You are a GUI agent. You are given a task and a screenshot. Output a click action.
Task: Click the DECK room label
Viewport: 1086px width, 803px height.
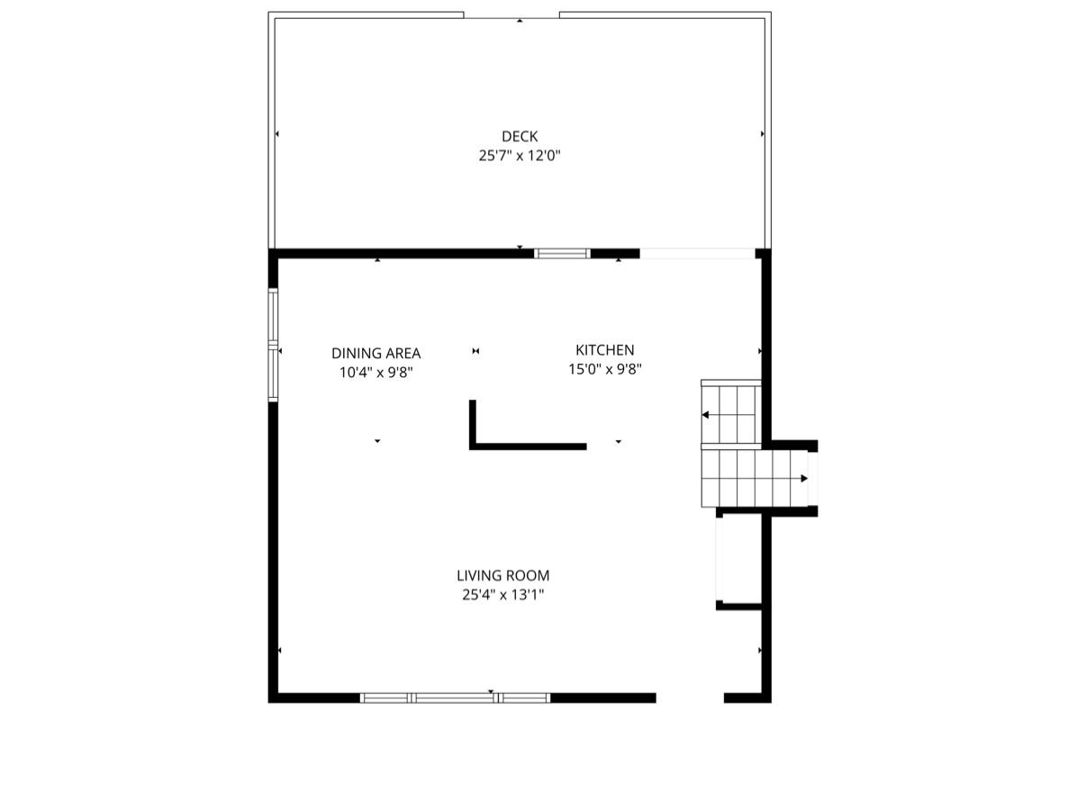tap(520, 136)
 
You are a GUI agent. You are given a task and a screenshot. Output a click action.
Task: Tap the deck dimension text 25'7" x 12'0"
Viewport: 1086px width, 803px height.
tap(520, 156)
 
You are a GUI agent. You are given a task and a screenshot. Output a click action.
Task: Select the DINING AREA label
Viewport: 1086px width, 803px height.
tap(376, 354)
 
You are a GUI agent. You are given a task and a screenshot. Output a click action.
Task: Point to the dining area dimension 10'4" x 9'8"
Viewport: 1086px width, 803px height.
tap(376, 372)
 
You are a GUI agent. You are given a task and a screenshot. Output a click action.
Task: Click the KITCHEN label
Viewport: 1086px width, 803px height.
tap(604, 350)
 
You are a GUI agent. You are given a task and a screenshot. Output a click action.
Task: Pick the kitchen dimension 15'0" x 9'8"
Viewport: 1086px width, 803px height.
tap(604, 369)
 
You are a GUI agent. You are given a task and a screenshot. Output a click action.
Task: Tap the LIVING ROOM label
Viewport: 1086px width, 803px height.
tap(502, 575)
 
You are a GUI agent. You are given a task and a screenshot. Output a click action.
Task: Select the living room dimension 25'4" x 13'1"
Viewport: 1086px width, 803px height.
tap(502, 594)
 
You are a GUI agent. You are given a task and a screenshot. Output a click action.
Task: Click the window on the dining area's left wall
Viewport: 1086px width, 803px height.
tap(273, 343)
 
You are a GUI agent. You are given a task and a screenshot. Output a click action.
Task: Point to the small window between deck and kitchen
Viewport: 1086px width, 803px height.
tap(562, 254)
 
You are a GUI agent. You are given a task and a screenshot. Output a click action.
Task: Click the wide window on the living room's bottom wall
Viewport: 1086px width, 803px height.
tap(455, 698)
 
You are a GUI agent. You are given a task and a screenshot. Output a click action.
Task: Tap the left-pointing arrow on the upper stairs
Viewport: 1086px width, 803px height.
tap(706, 415)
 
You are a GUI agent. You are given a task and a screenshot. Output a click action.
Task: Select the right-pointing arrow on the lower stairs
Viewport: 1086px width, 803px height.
tap(803, 478)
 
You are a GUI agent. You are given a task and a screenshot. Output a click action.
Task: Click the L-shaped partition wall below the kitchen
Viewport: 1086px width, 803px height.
tap(527, 446)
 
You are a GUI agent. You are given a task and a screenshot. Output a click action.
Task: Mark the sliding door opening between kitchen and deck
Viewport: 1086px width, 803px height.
tap(697, 254)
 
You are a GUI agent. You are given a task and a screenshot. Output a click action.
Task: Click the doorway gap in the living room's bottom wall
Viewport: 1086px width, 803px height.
tap(690, 698)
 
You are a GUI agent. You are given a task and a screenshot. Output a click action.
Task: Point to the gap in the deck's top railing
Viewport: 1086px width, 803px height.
tap(511, 14)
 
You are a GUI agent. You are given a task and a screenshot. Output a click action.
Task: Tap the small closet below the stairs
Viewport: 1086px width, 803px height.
tap(739, 558)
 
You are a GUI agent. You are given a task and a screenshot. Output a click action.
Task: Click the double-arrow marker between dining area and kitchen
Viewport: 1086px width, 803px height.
tap(475, 351)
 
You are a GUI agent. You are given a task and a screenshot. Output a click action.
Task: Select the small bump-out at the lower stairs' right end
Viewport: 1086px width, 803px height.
tap(812, 478)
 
